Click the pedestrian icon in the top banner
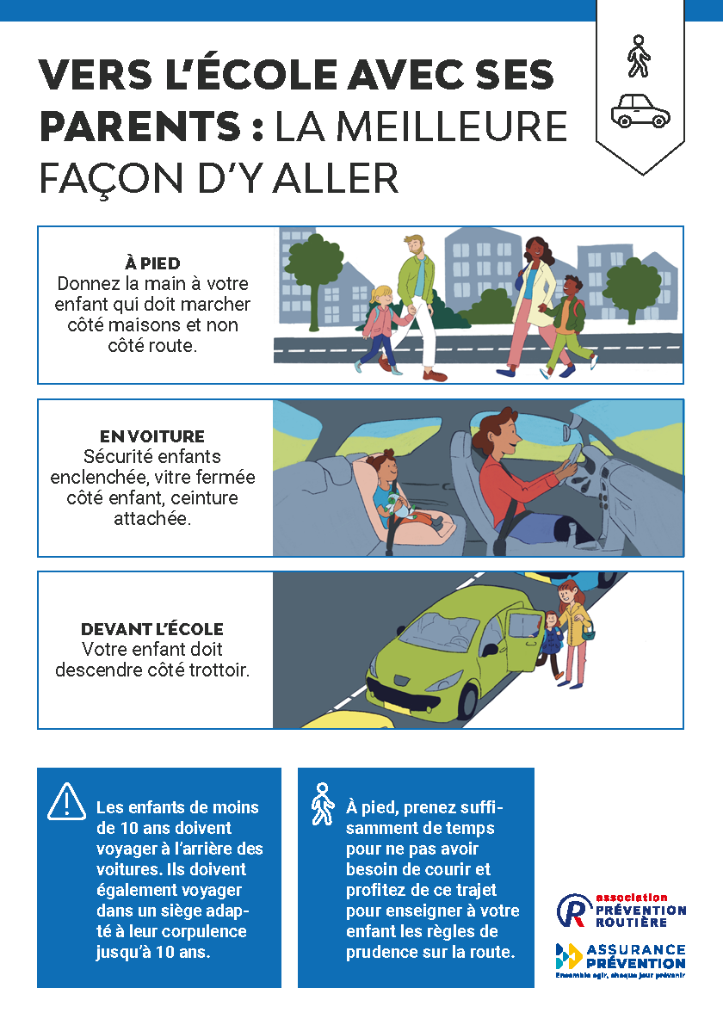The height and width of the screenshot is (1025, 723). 639,56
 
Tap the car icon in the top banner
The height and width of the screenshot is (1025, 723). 640,111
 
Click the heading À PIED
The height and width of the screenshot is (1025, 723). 152,263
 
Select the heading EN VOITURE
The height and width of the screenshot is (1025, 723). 152,436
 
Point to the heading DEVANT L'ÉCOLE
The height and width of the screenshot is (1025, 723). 152,629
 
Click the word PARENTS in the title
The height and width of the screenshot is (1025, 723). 140,127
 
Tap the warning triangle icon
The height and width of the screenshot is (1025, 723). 66,801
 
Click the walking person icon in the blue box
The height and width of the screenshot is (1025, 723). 322,804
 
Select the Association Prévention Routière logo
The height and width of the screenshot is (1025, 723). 621,911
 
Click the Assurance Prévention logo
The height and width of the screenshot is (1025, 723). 621,960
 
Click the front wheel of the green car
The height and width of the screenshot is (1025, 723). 468,701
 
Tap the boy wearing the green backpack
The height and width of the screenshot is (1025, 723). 567,326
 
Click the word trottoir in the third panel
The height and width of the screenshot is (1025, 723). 219,670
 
